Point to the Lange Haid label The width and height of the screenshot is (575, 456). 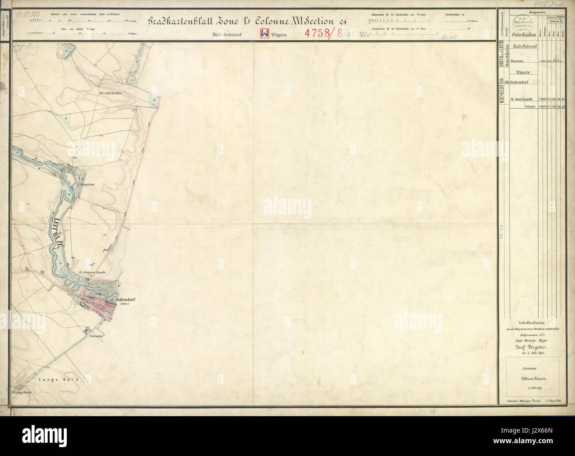[64, 379]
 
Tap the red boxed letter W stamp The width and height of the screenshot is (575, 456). [264, 34]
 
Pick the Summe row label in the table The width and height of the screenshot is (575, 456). [527, 106]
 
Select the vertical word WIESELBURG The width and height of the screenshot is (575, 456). [502, 91]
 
